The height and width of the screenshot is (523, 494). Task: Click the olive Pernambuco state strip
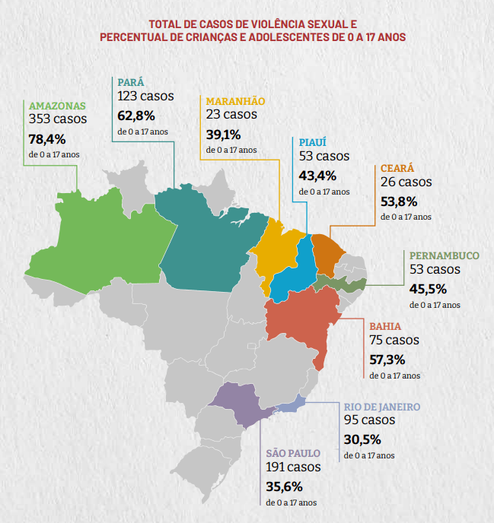[343, 284]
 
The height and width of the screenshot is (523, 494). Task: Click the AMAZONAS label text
[58, 106]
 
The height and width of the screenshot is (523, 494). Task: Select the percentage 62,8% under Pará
[136, 116]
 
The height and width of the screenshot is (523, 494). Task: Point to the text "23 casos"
[231, 115]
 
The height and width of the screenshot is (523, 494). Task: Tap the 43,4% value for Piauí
[317, 176]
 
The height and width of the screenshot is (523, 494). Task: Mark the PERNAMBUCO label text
[445, 256]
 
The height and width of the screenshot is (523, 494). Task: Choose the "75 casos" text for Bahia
[394, 341]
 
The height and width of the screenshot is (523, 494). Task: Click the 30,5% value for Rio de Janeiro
[362, 439]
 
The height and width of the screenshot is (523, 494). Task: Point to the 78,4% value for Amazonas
[47, 139]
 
